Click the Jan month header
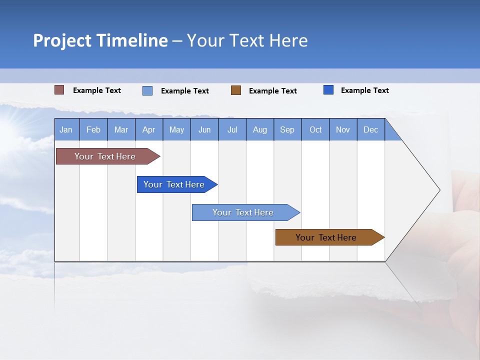[x=66, y=129]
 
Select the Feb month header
[x=93, y=129]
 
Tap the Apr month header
[x=149, y=129]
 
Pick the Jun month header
[x=204, y=129]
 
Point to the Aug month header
[x=260, y=129]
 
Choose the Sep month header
[x=287, y=129]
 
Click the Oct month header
[x=315, y=129]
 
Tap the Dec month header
[x=371, y=129]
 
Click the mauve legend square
[x=59, y=90]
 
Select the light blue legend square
[x=147, y=90]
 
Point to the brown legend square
[x=236, y=90]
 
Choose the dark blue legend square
[x=328, y=90]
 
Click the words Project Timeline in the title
[x=100, y=40]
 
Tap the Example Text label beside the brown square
[x=273, y=90]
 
